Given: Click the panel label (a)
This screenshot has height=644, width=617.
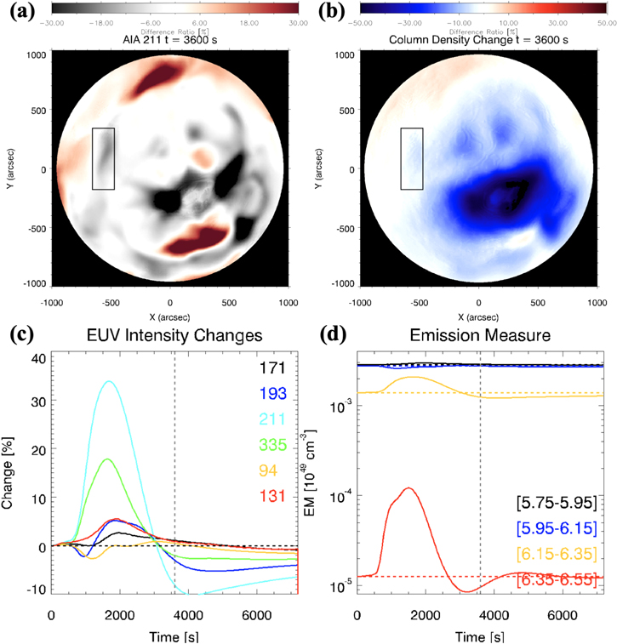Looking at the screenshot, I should pos(17,11).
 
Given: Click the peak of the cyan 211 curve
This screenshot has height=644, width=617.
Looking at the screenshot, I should pos(108,381).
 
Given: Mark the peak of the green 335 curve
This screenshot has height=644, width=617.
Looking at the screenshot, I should pos(107,459).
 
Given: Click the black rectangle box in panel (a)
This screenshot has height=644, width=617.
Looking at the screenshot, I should pos(102,158).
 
